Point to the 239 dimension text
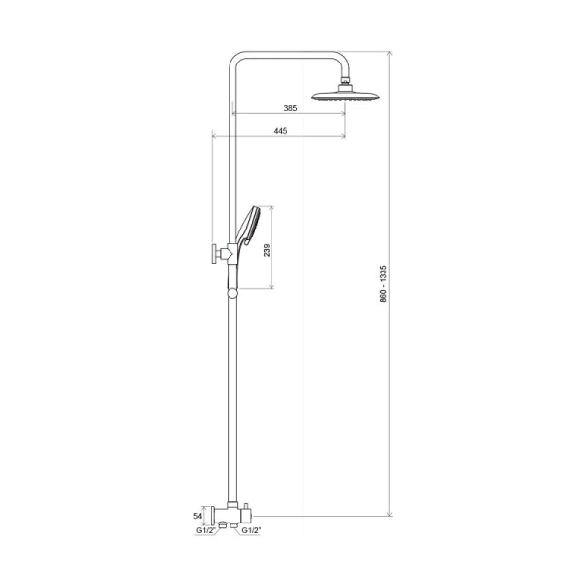[x=267, y=248]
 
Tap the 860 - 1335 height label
[x=383, y=284]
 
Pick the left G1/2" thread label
[x=205, y=529]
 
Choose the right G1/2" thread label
[x=253, y=529]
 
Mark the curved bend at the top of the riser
[x=239, y=59]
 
